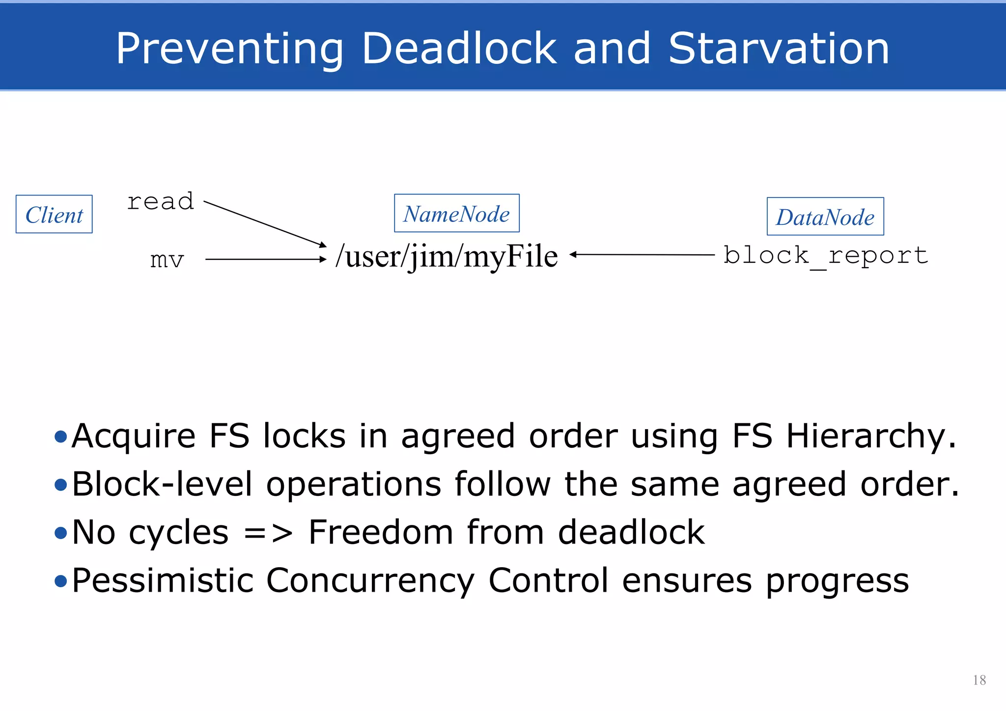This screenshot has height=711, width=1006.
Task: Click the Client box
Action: pos(54,215)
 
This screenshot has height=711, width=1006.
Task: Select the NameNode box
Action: pos(456,214)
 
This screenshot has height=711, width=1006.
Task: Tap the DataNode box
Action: pos(825,217)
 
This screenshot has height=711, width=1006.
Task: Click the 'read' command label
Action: pos(161,202)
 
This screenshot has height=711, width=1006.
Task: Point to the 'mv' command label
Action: pos(167,259)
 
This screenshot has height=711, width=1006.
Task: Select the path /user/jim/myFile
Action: pos(447,256)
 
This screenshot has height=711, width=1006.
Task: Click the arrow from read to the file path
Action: pos(265,224)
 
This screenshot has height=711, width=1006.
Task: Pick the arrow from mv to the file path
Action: pos(265,259)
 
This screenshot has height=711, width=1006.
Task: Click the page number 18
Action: pos(979,680)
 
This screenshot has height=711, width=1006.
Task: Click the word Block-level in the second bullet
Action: pos(163,484)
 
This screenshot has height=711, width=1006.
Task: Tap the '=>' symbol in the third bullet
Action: pos(268,532)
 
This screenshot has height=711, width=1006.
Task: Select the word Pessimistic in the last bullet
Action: pos(163,580)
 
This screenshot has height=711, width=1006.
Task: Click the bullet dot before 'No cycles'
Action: pos(61,533)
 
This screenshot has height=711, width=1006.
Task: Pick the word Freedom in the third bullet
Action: pos(380,532)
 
